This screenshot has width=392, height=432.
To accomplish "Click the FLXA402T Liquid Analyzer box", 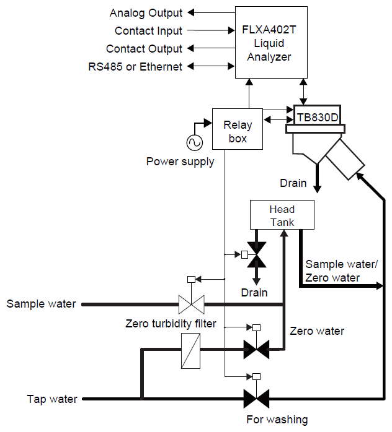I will coord(270,42).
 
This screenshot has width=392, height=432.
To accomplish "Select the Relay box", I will coord(238,129).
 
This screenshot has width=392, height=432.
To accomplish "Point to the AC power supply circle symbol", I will coord(194,142).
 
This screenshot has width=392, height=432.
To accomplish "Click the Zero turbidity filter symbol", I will coord(190,350).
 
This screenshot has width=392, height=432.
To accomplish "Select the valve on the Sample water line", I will coord(191,304).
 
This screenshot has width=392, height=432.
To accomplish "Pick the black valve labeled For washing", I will coord(255,398).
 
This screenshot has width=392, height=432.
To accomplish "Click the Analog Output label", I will coord(146,12).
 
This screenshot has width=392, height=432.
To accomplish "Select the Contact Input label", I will coord(148,30).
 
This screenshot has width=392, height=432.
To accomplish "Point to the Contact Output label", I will coord(144,48).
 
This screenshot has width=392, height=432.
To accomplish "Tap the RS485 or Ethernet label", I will coord(135,66).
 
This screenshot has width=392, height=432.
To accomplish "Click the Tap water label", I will coord(52,399).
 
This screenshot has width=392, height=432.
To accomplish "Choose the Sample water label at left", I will coord(41,304).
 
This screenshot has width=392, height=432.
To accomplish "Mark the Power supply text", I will coord(180,162).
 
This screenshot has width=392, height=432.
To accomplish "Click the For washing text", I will coord(277,420).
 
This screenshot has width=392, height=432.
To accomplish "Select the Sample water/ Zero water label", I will coord(341,270).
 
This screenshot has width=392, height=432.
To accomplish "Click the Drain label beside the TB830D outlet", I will coord(293,183).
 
